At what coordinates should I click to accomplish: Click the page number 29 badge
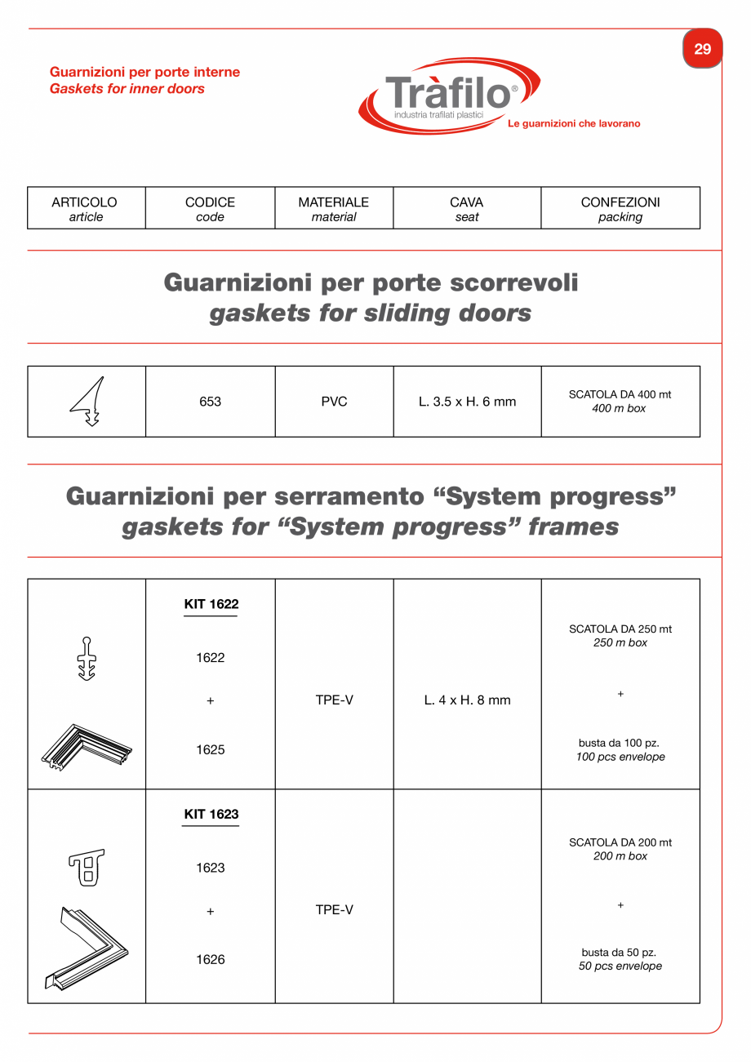[702, 49]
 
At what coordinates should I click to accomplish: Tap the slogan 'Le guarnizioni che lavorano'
[574, 124]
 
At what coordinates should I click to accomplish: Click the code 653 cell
[210, 402]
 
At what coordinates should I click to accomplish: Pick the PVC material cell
[334, 402]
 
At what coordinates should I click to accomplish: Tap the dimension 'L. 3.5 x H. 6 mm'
[467, 402]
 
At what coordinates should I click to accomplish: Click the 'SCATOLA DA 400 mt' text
[620, 394]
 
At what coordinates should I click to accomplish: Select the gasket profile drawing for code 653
[88, 402]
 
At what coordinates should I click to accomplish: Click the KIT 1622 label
[211, 605]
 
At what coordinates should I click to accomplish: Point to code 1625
[210, 749]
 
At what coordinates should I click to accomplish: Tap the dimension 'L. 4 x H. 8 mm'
[467, 700]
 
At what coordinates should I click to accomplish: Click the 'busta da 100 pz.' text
[620, 744]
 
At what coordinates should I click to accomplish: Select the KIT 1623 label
[211, 815]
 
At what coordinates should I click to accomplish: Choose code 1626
[210, 960]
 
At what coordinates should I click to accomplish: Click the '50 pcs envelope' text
[620, 966]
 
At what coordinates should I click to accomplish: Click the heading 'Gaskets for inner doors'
[127, 89]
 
